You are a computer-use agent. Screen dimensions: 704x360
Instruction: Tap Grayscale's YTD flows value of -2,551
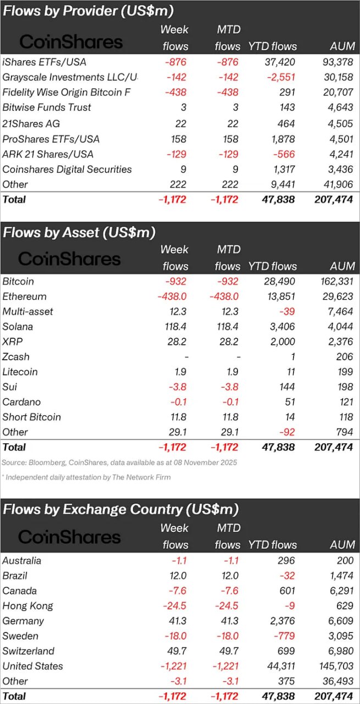(278, 77)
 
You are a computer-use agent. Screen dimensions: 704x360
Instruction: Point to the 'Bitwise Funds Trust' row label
(47, 107)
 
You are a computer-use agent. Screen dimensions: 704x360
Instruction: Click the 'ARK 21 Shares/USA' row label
(48, 154)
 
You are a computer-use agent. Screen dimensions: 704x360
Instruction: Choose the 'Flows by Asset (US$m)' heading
(79, 233)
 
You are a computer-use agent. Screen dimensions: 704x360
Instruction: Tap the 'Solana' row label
(18, 327)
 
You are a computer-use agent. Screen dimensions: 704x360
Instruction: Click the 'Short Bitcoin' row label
(31, 417)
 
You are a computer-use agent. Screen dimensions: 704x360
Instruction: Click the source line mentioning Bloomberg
(119, 463)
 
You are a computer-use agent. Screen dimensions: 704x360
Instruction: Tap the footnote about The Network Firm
(86, 477)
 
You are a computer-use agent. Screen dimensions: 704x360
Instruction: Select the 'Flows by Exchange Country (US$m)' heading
(121, 509)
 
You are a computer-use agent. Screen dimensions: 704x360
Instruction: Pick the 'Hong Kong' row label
(27, 606)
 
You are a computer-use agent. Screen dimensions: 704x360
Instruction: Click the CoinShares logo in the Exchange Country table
(69, 537)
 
